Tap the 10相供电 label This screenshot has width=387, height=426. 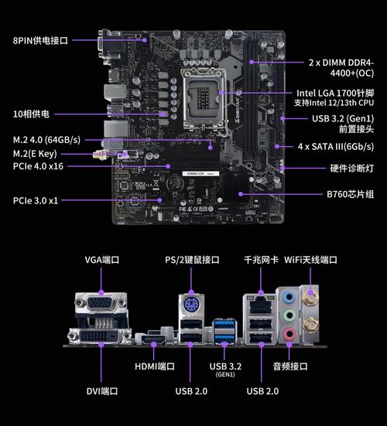pyautogui.click(x=32, y=114)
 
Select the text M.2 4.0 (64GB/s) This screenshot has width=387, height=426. pyautogui.click(x=46, y=140)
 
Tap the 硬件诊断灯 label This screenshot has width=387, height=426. pyautogui.click(x=351, y=168)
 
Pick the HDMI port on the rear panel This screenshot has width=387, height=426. pyautogui.click(x=152, y=339)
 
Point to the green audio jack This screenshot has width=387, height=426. pyautogui.click(x=289, y=315)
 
